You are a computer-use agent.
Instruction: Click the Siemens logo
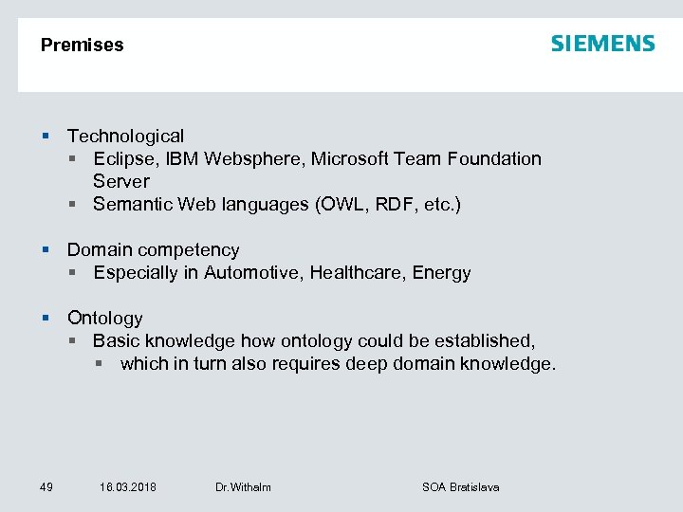[602, 44]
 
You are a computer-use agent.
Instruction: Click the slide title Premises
[83, 45]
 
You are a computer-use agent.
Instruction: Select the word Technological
[125, 137]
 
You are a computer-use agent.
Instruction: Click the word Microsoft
[348, 159]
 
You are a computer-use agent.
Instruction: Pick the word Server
[121, 181]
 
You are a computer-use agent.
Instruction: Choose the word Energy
[441, 273]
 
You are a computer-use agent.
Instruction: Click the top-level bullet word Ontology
[104, 319]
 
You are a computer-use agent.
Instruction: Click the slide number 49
[46, 487]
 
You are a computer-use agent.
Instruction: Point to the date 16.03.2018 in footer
[128, 487]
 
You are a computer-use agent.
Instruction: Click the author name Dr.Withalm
[243, 487]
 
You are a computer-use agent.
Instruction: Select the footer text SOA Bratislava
[460, 487]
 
